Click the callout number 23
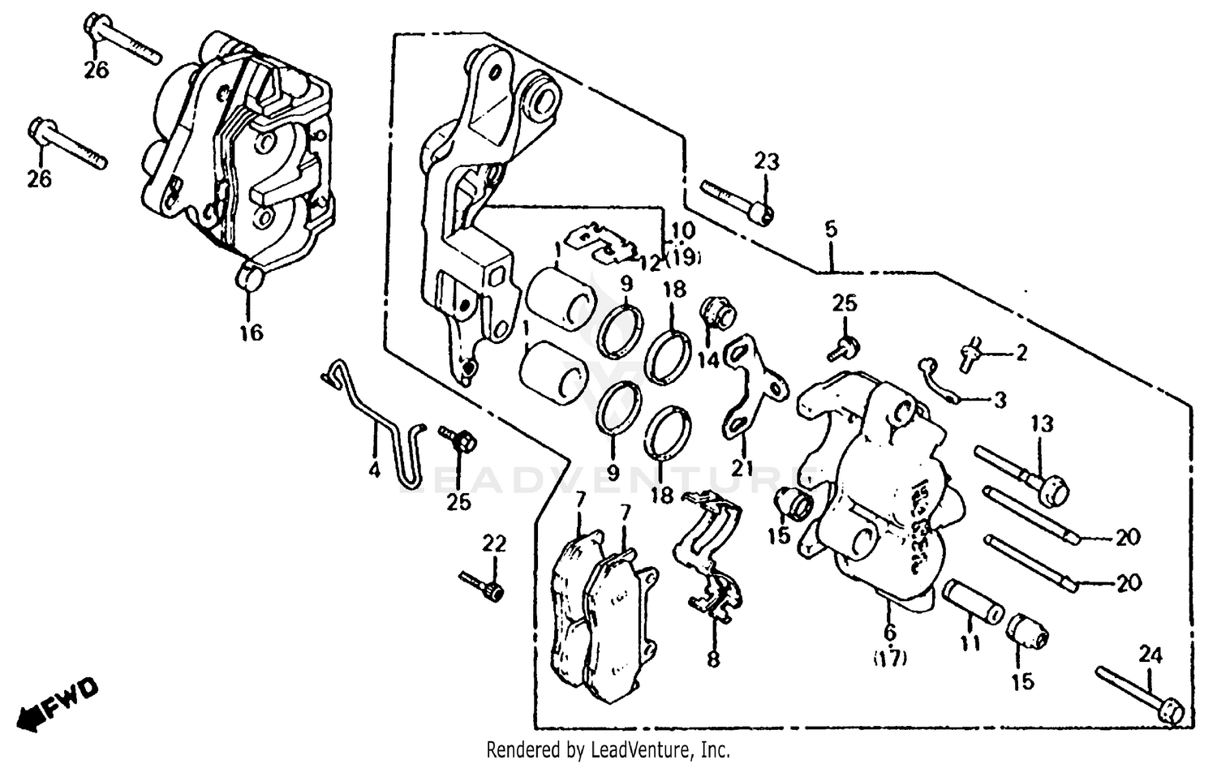[x=766, y=161]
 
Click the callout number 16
[x=252, y=332]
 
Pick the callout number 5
[x=830, y=230]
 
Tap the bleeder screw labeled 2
[x=970, y=354]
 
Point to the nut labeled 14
[x=715, y=312]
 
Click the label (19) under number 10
[x=683, y=259]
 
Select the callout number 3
[x=1000, y=400]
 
